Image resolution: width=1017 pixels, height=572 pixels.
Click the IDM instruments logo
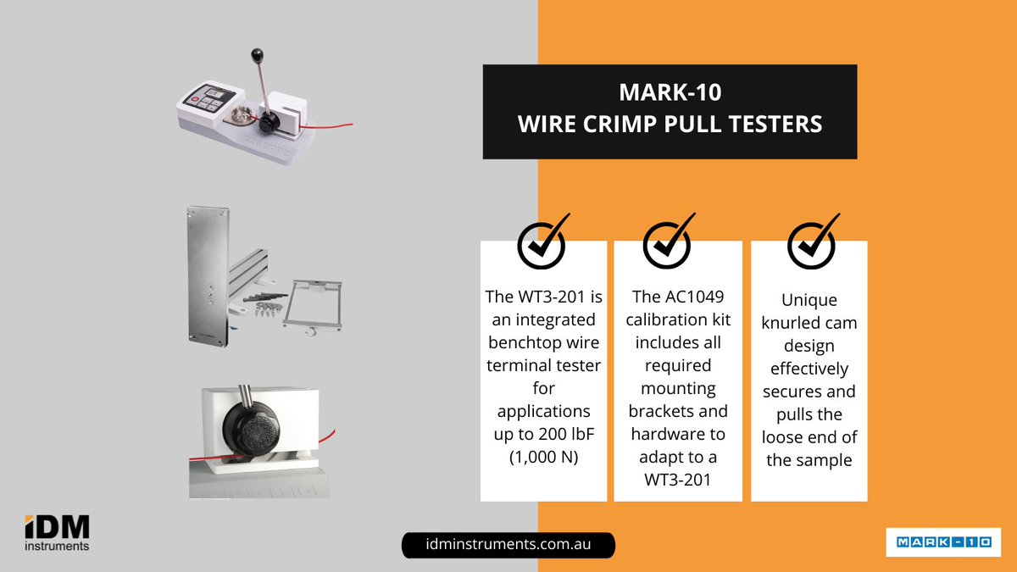point(57,533)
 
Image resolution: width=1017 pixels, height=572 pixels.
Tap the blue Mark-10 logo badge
point(943,542)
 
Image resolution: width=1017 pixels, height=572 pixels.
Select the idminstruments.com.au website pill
point(508,545)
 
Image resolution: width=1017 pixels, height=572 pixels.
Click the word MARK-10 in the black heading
point(670,92)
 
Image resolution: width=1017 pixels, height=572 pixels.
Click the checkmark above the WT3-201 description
point(543,242)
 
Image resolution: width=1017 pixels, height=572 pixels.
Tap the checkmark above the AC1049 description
point(669,242)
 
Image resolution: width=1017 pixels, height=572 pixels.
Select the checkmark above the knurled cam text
point(813,242)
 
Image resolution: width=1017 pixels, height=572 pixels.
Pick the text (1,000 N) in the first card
point(543,457)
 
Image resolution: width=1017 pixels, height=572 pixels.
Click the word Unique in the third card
point(809,300)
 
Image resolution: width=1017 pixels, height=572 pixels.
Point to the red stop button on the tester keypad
point(195,99)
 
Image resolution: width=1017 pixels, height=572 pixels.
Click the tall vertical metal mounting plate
point(208,276)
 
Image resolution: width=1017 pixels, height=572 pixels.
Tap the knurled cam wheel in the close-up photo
point(252,430)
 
